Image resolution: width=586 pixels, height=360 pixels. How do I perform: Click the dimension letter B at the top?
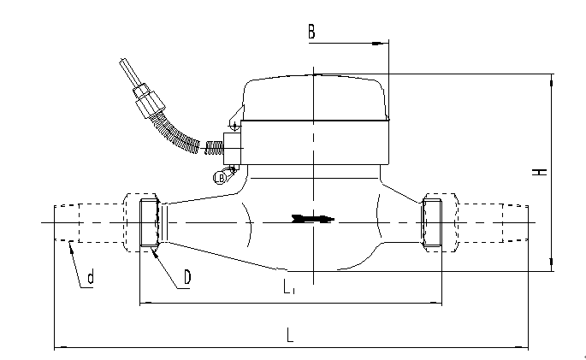click(x=312, y=32)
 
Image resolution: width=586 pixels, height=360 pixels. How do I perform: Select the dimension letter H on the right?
click(x=540, y=171)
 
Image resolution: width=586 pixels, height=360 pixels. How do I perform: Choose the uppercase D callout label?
click(x=186, y=278)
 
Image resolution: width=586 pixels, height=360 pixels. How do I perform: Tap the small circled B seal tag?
click(x=221, y=178)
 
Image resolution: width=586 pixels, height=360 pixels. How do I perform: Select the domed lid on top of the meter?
click(x=315, y=97)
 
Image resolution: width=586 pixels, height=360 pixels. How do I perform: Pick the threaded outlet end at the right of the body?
click(x=432, y=224)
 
